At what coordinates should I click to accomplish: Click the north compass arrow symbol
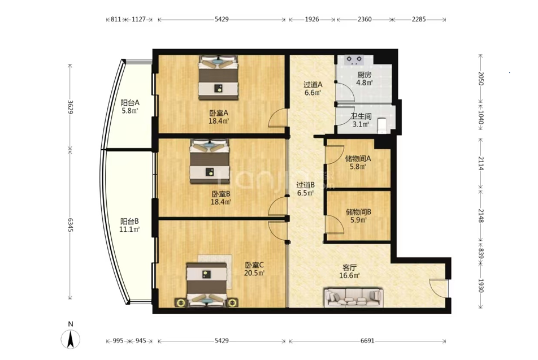tap(70, 340)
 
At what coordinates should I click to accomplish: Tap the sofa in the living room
tap(353, 297)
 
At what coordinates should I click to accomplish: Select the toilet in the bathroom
tap(382, 125)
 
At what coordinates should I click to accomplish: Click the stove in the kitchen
tap(354, 60)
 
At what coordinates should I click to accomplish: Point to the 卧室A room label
tap(219, 113)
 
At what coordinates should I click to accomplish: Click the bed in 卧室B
tap(210, 161)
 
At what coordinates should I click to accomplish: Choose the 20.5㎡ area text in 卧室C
tap(254, 273)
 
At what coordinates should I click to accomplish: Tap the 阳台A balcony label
tap(130, 103)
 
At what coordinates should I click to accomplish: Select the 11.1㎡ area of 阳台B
tap(129, 229)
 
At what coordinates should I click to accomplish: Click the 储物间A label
tap(358, 159)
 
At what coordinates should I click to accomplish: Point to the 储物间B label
tap(358, 212)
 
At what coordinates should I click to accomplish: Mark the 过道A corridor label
tap(313, 84)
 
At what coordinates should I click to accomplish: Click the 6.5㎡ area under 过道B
tap(305, 193)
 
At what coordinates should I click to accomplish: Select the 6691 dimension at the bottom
tap(367, 341)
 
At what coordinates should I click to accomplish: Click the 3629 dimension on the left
tap(70, 107)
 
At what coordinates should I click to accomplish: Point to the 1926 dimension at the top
tap(312, 19)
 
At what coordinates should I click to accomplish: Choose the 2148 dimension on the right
tap(481, 215)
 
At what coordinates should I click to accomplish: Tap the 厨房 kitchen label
tap(364, 75)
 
